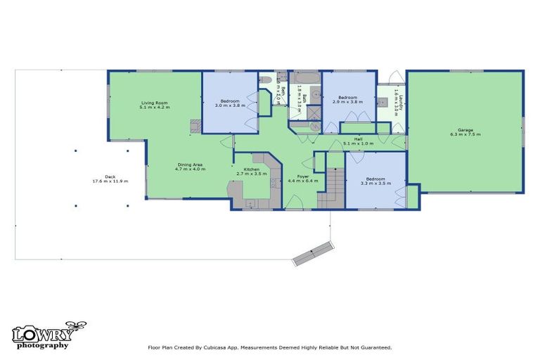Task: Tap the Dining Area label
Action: coord(190,165)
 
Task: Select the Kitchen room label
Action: coord(252,169)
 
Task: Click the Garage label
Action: coord(465,129)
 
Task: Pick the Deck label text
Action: coord(110,176)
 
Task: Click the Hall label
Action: coord(358,139)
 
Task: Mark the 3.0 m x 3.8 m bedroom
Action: coord(230,103)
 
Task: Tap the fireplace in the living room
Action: coord(195,125)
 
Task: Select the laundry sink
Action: coord(383,102)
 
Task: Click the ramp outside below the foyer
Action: coord(311,253)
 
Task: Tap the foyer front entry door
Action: coord(295,205)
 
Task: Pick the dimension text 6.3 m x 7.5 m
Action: coord(465,134)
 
